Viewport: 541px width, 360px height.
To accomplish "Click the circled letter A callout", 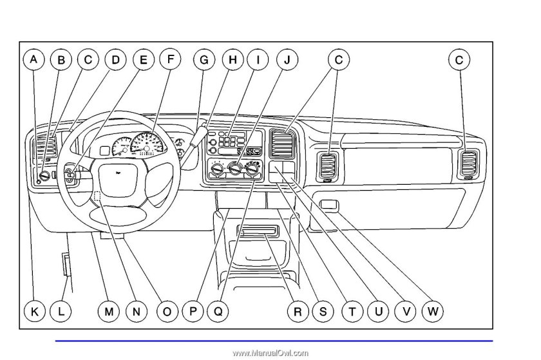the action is [x=33, y=60].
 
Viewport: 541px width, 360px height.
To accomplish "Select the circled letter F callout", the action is [x=170, y=59].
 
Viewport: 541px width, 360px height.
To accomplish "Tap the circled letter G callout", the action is [x=204, y=60].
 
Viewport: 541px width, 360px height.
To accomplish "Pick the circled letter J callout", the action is [x=287, y=60].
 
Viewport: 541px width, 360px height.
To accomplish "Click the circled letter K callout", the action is [x=35, y=311].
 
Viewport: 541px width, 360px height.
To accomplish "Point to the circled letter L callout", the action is [x=61, y=311].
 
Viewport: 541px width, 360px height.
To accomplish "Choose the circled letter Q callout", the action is [x=218, y=311].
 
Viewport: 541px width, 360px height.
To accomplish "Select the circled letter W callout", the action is [x=433, y=311].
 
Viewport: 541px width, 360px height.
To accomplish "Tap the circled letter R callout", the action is [x=298, y=311].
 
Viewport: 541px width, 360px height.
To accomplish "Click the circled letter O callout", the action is [x=167, y=311].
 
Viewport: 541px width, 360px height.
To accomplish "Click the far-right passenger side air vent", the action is [x=468, y=164].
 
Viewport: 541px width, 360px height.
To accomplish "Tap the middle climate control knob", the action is [x=235, y=169].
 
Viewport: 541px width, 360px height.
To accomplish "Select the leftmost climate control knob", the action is [x=216, y=169].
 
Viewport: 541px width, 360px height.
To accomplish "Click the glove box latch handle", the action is [x=330, y=204].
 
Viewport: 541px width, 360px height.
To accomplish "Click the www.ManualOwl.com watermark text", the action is [x=270, y=353].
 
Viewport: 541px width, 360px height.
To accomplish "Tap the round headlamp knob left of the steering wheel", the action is [x=44, y=175].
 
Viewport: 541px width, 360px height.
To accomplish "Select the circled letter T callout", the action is [x=352, y=311].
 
